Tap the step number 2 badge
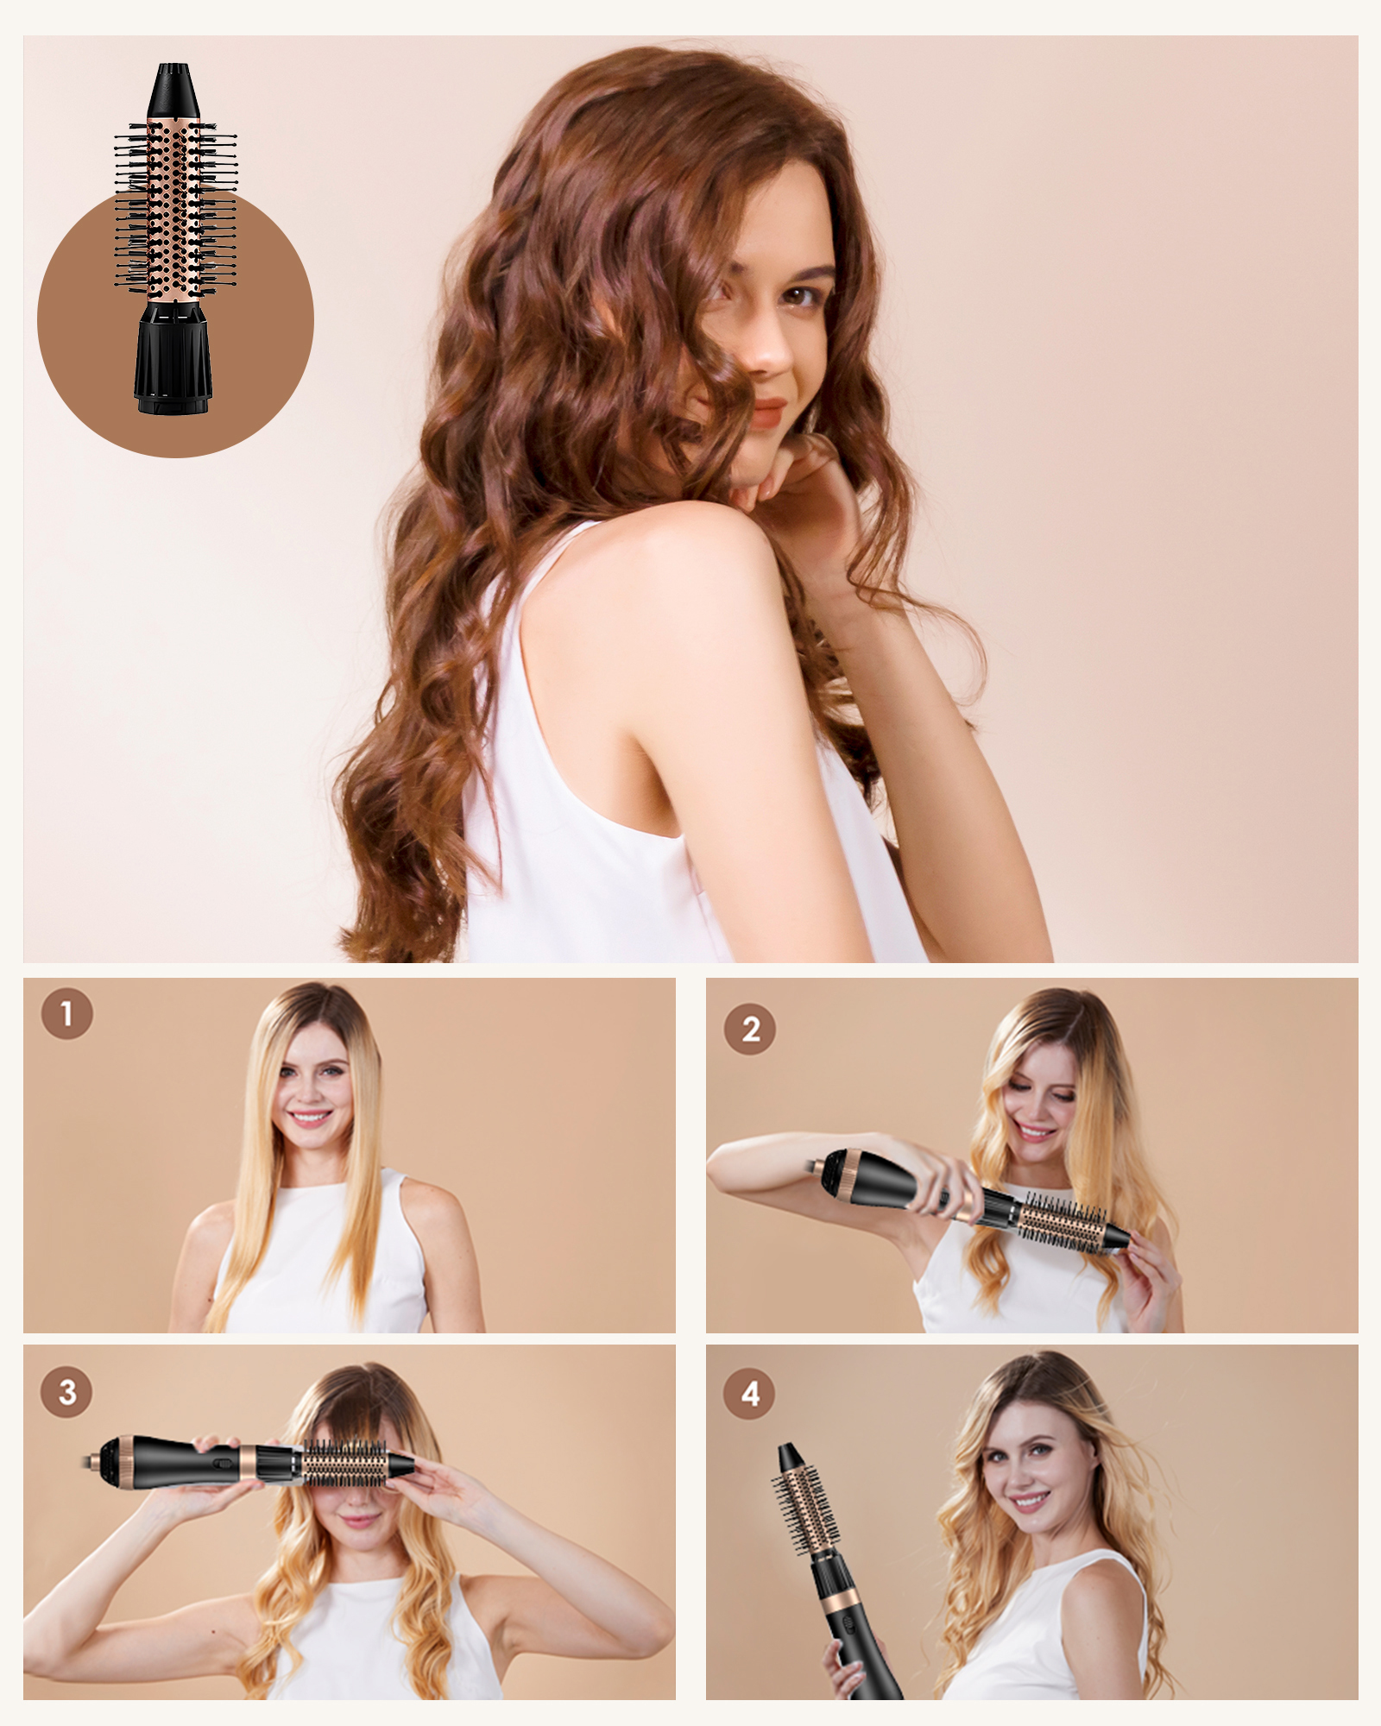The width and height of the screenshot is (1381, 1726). (750, 1029)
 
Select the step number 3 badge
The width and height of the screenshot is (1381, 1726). (66, 1391)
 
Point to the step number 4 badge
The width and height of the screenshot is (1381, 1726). (750, 1393)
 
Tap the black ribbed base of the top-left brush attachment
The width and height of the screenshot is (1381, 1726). (173, 356)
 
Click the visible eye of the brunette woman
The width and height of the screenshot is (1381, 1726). (800, 297)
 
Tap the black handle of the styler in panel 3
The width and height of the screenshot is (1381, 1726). (181, 1460)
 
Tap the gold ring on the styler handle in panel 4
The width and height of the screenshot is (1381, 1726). (837, 1604)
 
